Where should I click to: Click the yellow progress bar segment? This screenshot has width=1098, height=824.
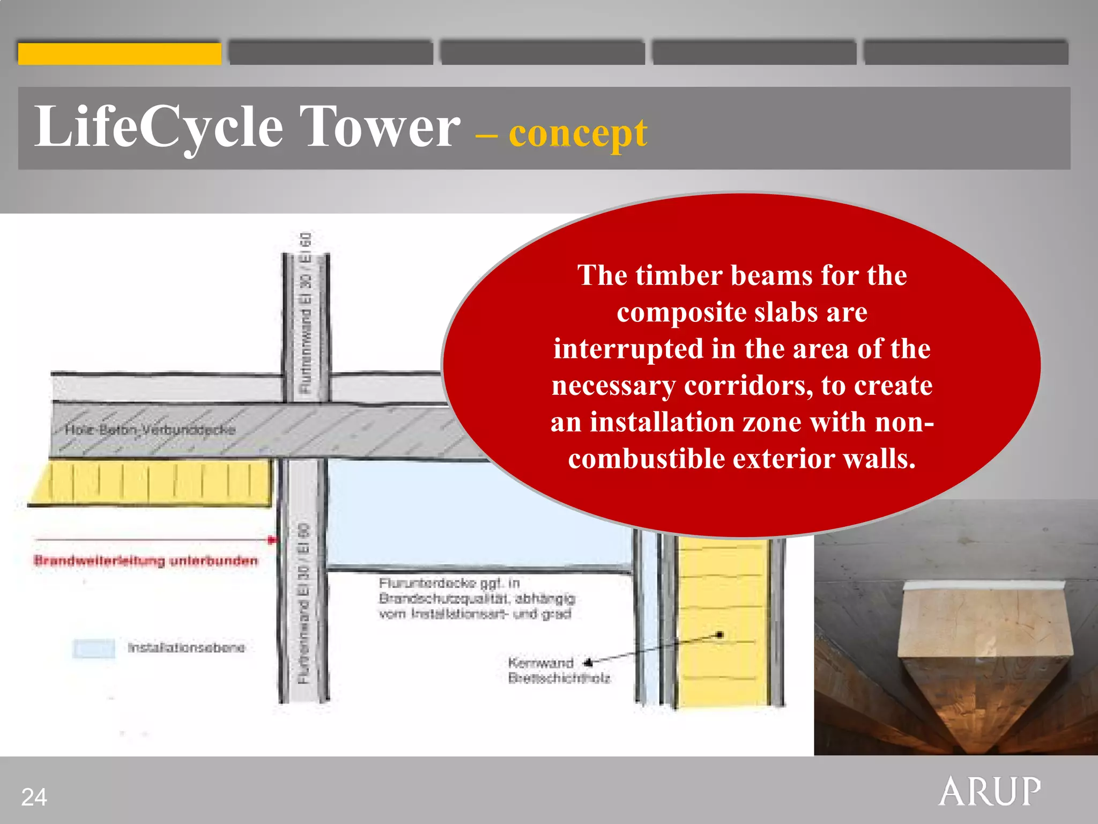click(x=120, y=54)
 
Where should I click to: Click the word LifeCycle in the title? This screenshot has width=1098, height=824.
click(x=158, y=127)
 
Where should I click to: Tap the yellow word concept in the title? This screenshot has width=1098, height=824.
click(x=577, y=133)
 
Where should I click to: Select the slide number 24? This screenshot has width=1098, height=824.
click(x=34, y=797)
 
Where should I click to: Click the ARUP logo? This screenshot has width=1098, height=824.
click(x=989, y=791)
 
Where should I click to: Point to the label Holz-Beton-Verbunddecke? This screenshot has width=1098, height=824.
click(x=150, y=429)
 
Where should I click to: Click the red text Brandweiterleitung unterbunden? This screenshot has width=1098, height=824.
click(x=145, y=561)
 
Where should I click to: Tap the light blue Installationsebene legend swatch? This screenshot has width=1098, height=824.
click(x=94, y=648)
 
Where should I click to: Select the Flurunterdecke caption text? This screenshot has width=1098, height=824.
click(x=476, y=598)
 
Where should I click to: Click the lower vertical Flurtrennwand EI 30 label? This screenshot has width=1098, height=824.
click(x=303, y=604)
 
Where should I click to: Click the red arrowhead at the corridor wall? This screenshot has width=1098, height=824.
click(x=272, y=540)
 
